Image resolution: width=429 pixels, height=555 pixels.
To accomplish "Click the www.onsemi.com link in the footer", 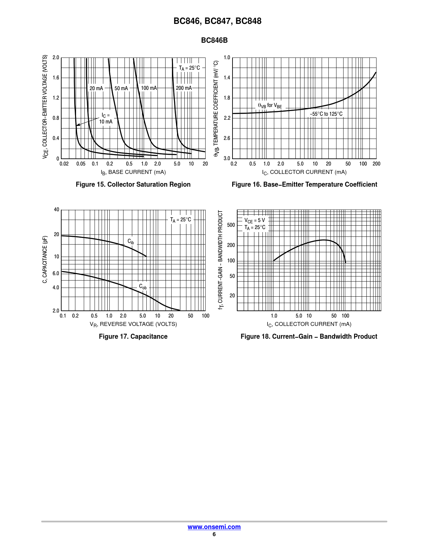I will [x=214, y=527].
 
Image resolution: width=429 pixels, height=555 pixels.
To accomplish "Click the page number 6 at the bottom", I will [x=214, y=534].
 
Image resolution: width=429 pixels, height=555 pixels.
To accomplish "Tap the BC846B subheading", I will [x=214, y=40].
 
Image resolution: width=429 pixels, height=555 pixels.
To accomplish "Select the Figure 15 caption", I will [x=133, y=184].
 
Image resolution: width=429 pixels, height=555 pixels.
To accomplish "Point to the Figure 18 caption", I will [x=309, y=336].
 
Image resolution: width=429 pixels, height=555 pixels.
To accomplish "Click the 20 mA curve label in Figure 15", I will [x=96, y=88].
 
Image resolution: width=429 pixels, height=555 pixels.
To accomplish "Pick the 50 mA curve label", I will [x=121, y=88].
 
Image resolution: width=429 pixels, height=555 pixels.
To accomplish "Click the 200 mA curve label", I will [x=184, y=88].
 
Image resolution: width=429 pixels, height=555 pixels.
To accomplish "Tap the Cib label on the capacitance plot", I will [x=131, y=242].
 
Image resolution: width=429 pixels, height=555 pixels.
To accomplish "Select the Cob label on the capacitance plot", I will [x=143, y=287].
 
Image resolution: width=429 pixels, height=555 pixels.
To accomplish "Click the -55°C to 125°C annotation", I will [x=326, y=114].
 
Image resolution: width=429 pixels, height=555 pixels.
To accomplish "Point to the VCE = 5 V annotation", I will [x=254, y=220].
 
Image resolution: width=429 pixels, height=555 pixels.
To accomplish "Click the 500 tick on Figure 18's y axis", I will [x=231, y=225].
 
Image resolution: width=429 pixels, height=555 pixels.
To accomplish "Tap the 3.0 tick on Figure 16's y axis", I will [x=227, y=158].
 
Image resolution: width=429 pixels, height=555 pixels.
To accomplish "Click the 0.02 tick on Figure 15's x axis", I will [x=64, y=164].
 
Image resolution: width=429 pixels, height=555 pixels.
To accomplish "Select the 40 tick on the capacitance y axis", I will [x=57, y=210].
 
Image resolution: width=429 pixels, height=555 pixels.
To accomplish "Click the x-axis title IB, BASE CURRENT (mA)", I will [x=133, y=172].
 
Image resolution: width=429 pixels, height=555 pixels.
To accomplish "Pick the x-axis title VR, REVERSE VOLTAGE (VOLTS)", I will [x=133, y=324].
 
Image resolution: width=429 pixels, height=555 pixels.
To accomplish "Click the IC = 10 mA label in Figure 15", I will [x=106, y=118].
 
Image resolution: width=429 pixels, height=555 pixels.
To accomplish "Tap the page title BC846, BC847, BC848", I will [x=217, y=21].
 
